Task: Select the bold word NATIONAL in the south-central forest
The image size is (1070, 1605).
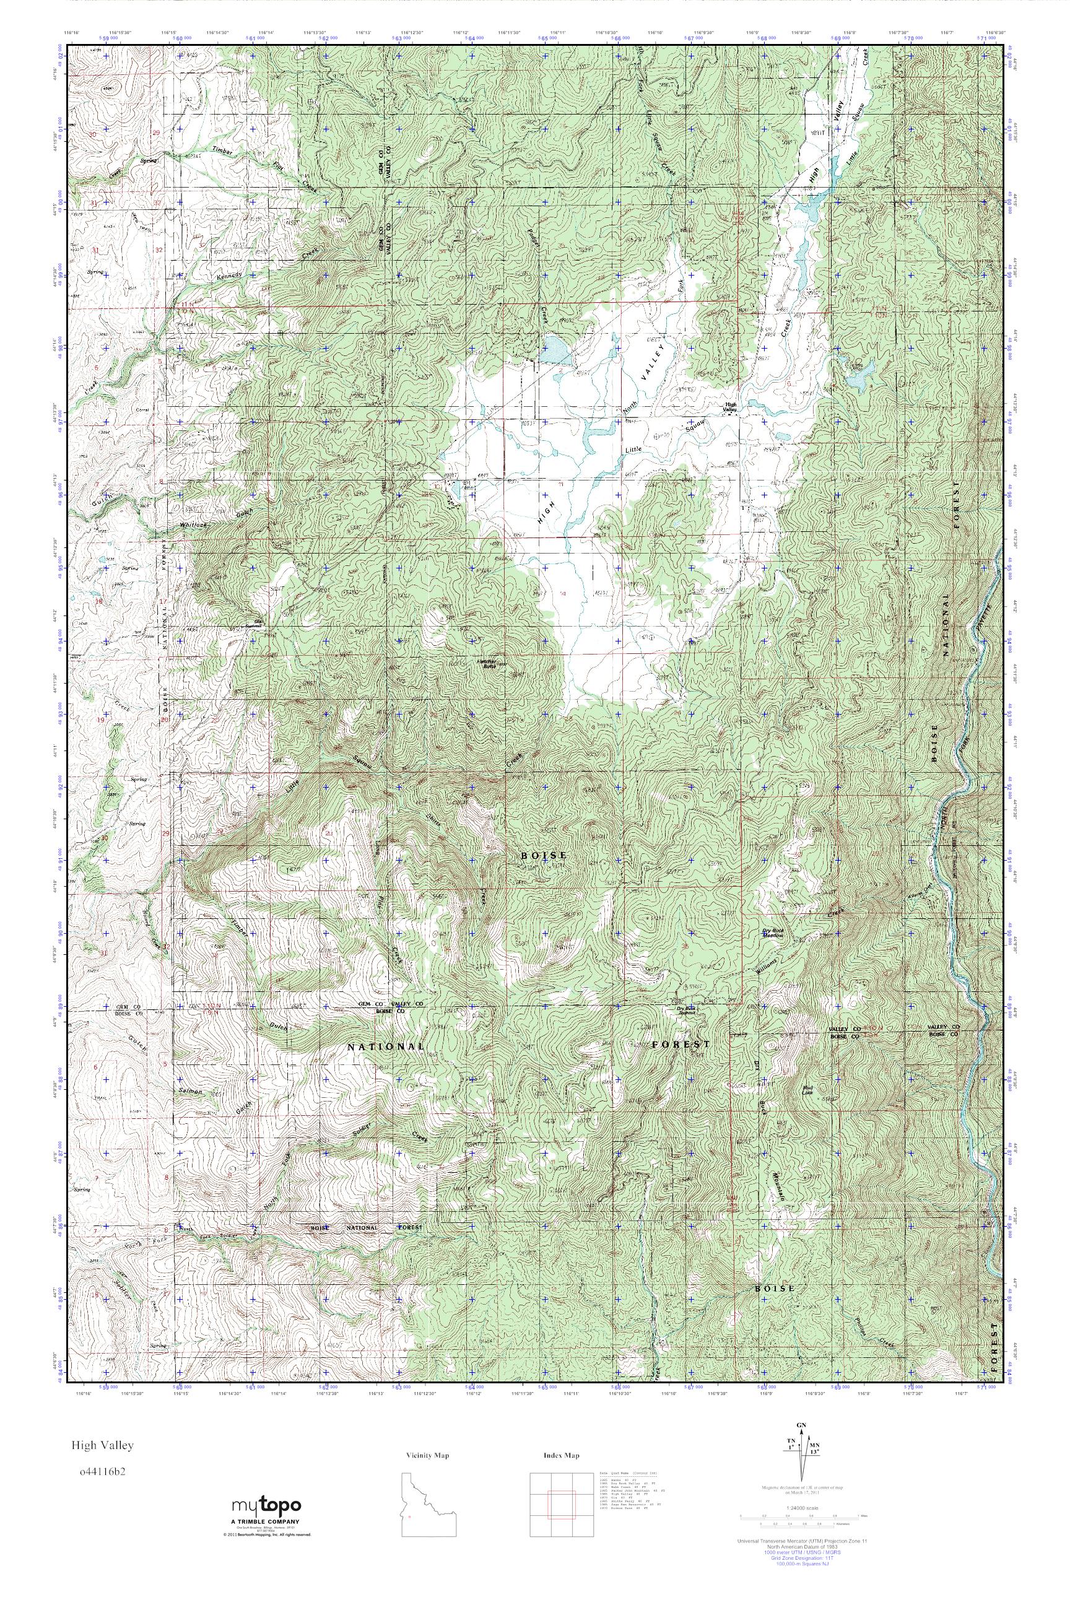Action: pyautogui.click(x=386, y=1046)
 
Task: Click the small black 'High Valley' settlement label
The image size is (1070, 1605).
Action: pyautogui.click(x=731, y=407)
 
